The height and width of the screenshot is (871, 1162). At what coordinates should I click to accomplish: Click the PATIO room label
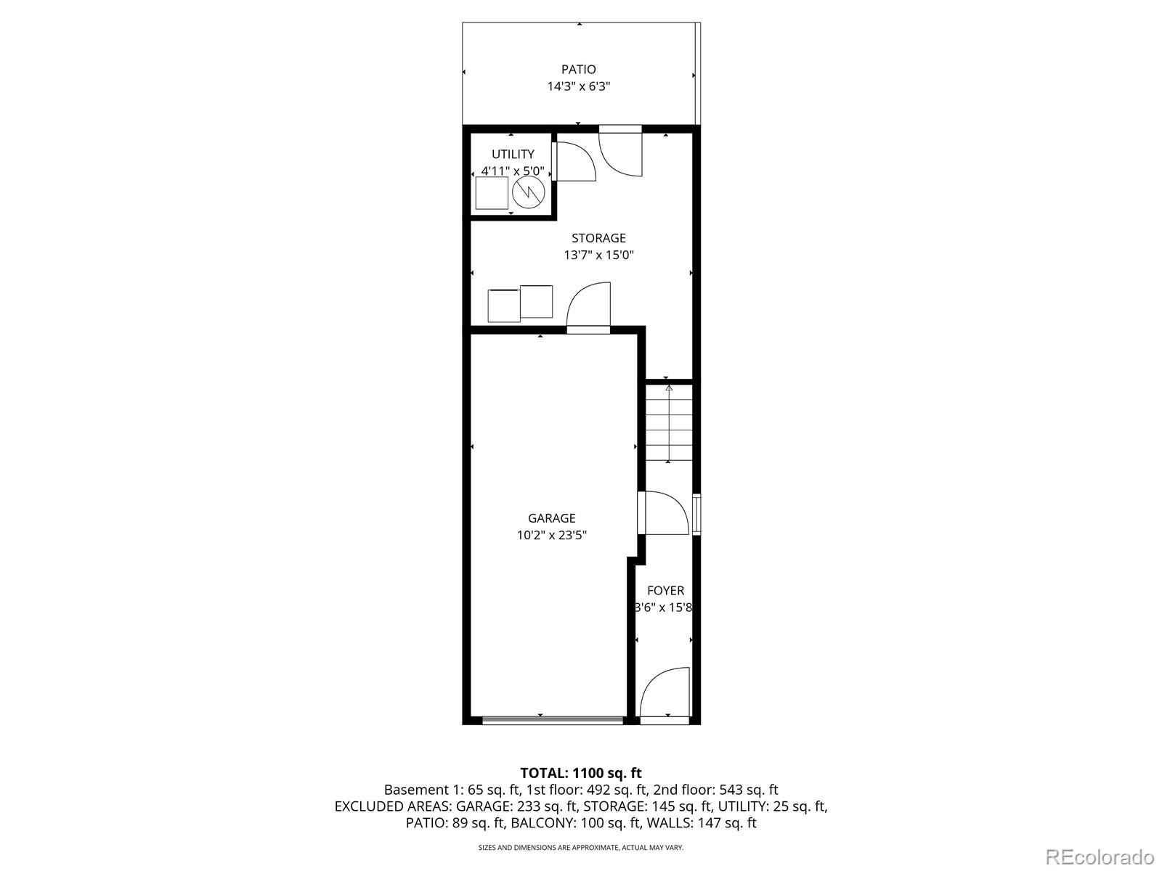[x=578, y=70]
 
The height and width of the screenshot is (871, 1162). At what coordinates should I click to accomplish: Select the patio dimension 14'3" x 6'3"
[x=578, y=86]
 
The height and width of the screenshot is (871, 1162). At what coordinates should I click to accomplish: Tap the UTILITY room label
[x=513, y=154]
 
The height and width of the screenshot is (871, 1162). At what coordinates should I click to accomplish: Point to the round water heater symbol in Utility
[x=528, y=192]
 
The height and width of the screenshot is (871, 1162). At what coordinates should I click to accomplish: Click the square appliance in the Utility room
[x=492, y=193]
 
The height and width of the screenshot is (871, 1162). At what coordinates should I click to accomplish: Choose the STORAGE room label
[x=598, y=238]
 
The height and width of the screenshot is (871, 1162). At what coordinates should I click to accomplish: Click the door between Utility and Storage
[x=574, y=162]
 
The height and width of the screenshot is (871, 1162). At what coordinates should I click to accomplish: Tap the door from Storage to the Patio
[x=621, y=151]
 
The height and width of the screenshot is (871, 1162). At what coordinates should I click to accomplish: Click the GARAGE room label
[x=551, y=518]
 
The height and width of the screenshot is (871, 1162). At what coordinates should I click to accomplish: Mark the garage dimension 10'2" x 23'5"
[x=551, y=536]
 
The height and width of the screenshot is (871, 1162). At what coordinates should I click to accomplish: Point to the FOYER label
[x=665, y=591]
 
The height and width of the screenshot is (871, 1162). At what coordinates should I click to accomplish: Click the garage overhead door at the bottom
[x=553, y=720]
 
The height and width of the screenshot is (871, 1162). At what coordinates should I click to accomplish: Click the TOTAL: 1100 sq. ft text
[x=580, y=773]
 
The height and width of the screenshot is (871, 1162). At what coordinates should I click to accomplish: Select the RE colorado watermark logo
[x=1099, y=856]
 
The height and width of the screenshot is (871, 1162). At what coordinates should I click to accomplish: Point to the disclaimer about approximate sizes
[x=580, y=847]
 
